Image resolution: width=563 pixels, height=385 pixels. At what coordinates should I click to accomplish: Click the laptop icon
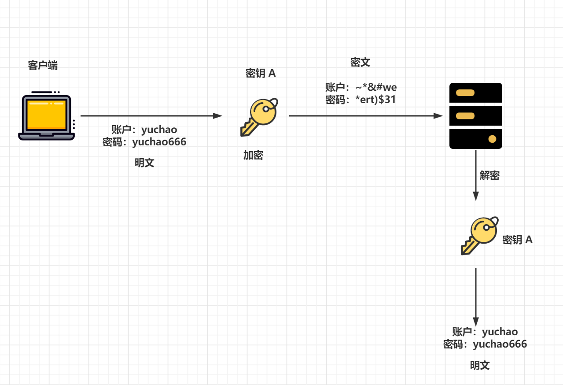click(x=46, y=117)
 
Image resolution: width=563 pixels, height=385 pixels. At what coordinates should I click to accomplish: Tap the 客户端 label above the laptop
click(x=43, y=66)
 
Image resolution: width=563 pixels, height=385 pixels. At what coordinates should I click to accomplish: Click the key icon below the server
click(x=479, y=235)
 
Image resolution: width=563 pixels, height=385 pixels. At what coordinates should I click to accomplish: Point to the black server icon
click(x=475, y=116)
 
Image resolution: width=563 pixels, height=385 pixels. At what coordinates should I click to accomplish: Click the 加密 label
click(x=253, y=155)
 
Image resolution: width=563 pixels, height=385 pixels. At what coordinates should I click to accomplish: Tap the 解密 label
click(x=489, y=175)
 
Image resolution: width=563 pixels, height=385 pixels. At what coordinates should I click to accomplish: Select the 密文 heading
click(x=360, y=62)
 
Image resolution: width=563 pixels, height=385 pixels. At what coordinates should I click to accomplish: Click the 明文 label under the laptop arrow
click(x=144, y=163)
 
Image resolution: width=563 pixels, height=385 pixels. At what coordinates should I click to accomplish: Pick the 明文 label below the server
click(x=480, y=365)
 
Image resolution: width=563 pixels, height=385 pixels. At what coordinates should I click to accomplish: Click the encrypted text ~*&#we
click(x=376, y=87)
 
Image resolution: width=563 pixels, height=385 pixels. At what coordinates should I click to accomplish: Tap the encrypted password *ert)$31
click(x=375, y=100)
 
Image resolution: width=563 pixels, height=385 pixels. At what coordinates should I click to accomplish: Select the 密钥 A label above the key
click(x=261, y=73)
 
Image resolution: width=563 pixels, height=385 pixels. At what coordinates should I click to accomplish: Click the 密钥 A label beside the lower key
click(x=518, y=240)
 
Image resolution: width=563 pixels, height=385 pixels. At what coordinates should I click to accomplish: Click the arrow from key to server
click(x=365, y=116)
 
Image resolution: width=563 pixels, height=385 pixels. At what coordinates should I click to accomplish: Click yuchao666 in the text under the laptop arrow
click(x=159, y=142)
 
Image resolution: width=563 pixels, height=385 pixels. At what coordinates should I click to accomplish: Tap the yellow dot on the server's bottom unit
click(x=492, y=139)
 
